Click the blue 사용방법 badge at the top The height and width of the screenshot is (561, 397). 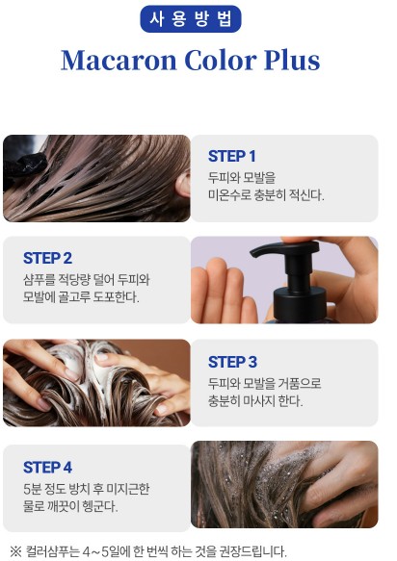point(191,19)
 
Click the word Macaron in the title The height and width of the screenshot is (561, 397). point(119,60)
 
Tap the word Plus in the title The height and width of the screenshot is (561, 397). point(292,60)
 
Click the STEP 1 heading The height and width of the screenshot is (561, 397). point(232,156)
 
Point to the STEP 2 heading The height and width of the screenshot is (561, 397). point(47,258)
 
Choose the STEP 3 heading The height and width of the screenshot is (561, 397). point(232,362)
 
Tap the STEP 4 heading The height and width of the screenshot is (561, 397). point(47,468)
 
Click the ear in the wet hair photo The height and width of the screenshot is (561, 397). point(183,184)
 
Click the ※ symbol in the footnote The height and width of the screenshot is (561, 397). point(15,551)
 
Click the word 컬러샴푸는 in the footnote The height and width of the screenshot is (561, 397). point(52,551)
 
